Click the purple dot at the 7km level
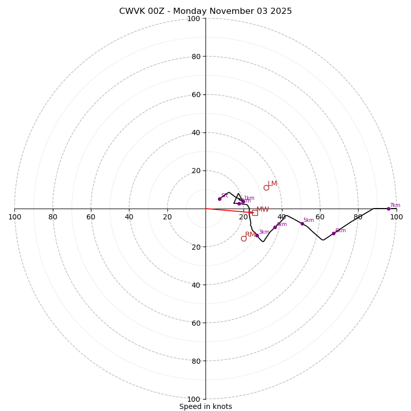(x=388, y=209)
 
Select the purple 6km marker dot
(x=333, y=233)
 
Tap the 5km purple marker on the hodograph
(x=302, y=223)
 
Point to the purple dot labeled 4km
(x=275, y=227)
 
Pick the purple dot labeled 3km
(x=257, y=235)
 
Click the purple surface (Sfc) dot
(x=219, y=199)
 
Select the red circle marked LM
(x=266, y=188)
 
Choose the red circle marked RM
(x=244, y=238)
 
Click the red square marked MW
(x=255, y=213)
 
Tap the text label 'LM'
(x=272, y=184)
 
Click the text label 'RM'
(x=250, y=235)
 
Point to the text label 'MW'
(x=263, y=210)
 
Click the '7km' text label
(x=395, y=206)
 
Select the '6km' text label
(x=340, y=231)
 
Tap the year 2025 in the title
(x=281, y=11)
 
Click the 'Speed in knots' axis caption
(x=206, y=407)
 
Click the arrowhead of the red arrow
(x=252, y=212)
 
